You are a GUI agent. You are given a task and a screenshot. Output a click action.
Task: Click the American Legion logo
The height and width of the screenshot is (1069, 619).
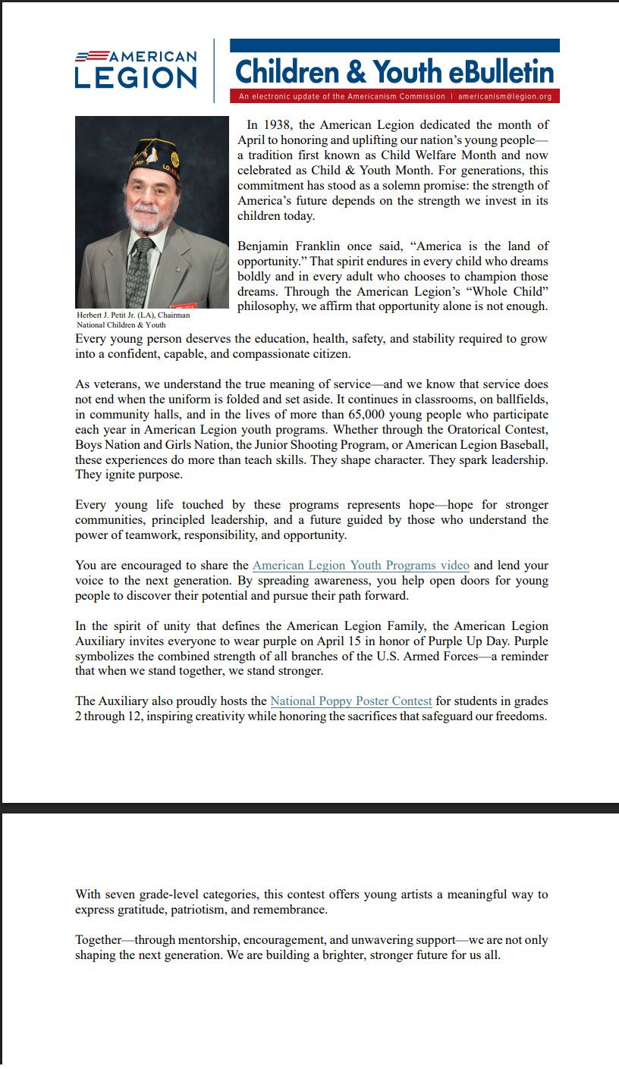tap(136, 70)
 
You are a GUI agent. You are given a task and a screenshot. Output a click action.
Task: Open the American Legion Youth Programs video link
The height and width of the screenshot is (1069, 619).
tap(360, 566)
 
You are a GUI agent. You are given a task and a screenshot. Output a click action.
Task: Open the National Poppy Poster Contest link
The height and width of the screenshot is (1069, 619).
tap(351, 701)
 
